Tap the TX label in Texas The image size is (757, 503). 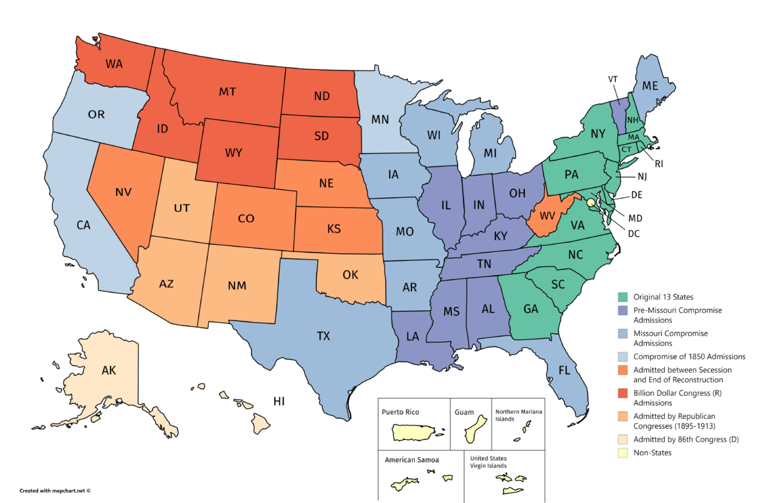(x=323, y=336)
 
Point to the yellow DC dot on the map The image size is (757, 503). (x=591, y=203)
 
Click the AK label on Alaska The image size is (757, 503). (x=108, y=371)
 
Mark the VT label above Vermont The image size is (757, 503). (x=612, y=78)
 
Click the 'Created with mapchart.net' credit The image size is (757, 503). (x=55, y=490)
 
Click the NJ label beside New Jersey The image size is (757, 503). (x=642, y=176)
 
